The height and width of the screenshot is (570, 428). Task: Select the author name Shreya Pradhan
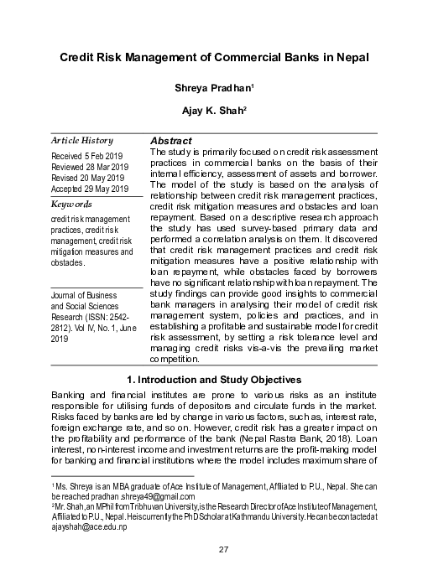(x=213, y=87)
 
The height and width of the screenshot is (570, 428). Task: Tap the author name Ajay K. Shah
(x=213, y=110)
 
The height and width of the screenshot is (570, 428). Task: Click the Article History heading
(x=81, y=140)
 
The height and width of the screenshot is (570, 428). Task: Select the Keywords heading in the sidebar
(x=71, y=204)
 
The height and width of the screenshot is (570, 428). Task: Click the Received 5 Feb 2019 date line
(x=86, y=156)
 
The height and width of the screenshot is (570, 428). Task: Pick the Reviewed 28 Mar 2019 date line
(x=90, y=167)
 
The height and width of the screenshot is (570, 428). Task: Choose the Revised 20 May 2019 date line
(x=89, y=178)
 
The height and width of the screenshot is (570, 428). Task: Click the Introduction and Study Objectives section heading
(x=213, y=380)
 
